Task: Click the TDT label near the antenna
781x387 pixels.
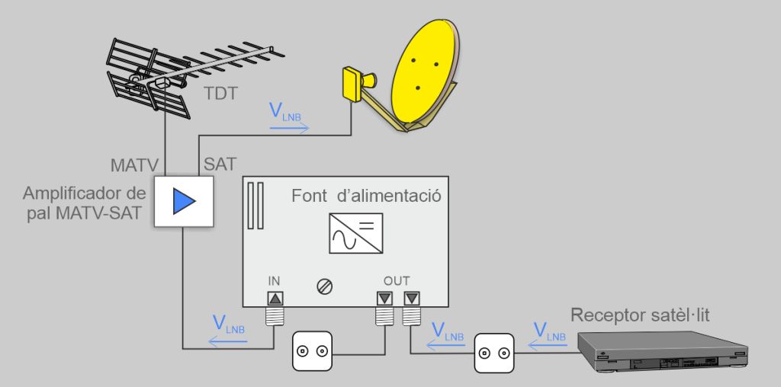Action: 221,94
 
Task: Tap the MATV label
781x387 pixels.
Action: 133,164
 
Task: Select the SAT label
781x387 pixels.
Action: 220,164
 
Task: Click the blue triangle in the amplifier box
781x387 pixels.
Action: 184,201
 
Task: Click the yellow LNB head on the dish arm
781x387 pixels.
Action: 353,82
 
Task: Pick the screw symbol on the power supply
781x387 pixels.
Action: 324,286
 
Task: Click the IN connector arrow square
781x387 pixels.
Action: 275,299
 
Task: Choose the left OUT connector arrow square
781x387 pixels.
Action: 384,299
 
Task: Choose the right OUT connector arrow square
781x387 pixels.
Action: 411,299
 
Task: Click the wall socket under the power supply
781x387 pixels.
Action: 313,351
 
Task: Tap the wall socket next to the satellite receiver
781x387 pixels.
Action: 494,353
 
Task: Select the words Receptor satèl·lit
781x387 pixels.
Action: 640,315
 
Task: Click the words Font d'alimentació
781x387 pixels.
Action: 367,195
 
